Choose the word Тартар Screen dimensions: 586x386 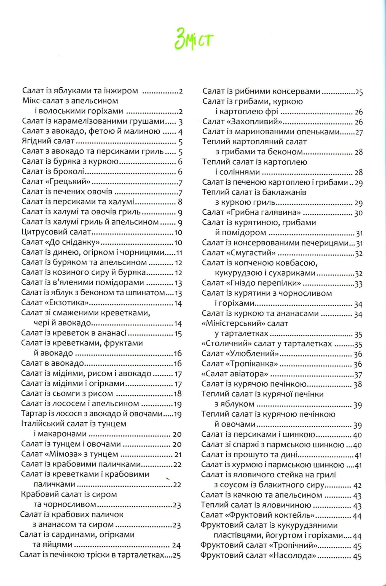[32, 414]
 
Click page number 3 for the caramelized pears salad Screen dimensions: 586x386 [180, 122]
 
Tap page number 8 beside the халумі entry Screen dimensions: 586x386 [180, 202]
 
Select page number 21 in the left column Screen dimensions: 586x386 [177, 454]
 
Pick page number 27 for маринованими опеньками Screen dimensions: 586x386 [359, 132]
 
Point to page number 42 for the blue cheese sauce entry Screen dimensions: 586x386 [357, 485]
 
